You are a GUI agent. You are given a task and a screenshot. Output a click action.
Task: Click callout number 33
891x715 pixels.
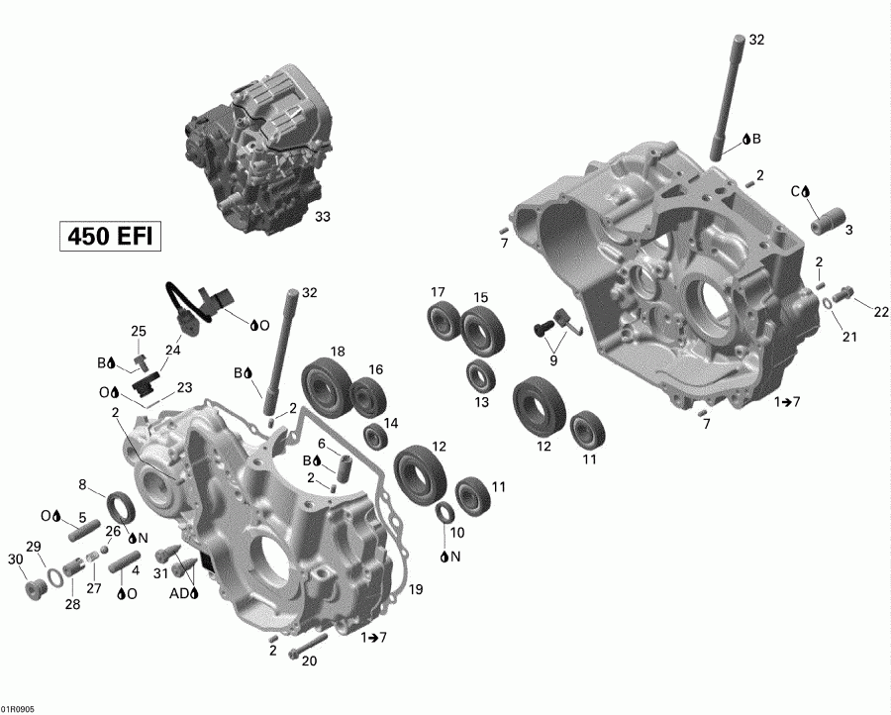(x=322, y=216)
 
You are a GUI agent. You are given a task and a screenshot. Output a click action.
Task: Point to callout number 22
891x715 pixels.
(x=880, y=311)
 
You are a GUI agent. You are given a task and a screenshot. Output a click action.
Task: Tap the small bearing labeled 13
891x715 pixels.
(x=482, y=375)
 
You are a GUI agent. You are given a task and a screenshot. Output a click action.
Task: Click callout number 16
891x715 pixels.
(x=376, y=369)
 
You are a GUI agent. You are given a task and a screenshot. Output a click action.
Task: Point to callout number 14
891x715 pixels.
(x=391, y=423)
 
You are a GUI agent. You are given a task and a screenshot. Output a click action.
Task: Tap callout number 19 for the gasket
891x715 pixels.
(x=416, y=590)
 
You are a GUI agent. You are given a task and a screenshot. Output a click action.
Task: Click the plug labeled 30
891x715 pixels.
(x=37, y=588)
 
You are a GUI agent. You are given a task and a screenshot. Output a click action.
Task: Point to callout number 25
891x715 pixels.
(x=138, y=331)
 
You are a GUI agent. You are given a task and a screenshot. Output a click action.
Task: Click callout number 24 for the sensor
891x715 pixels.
(x=173, y=350)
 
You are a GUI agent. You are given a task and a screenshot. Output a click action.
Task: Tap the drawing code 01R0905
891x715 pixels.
(x=18, y=708)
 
